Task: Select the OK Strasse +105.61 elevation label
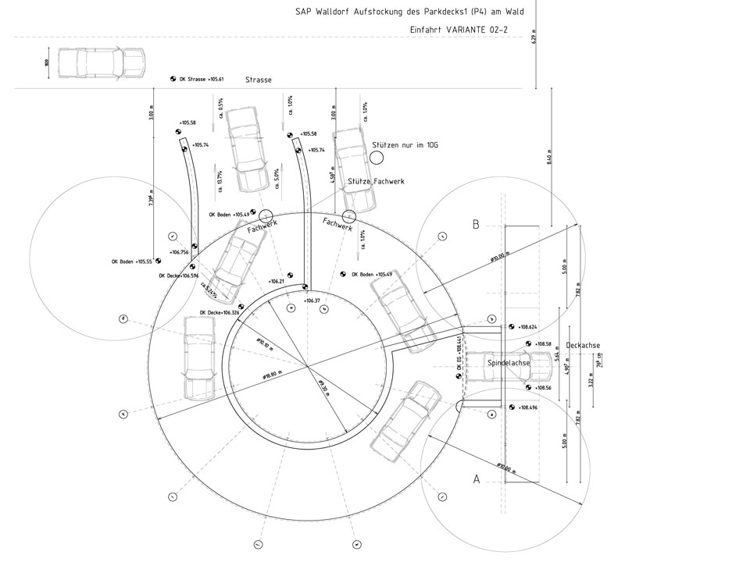coord(202,80)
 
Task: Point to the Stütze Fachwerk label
coord(377,181)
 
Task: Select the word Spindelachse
coord(509,363)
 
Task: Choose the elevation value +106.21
coord(275,281)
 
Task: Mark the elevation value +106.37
coord(312,300)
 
